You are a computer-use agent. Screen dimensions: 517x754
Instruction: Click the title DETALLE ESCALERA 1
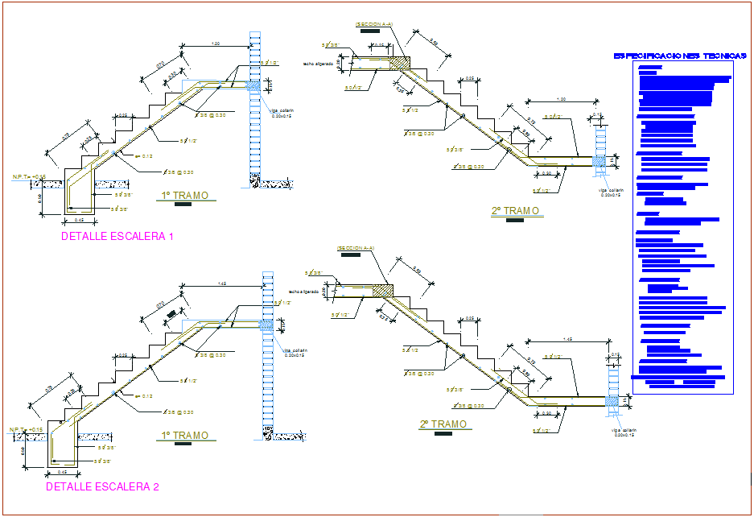tap(117, 237)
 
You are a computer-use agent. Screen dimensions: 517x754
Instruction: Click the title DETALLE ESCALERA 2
tap(102, 486)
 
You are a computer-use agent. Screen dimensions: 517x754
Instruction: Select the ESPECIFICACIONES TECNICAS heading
tap(680, 56)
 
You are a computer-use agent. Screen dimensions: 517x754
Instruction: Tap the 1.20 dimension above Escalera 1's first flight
tap(215, 43)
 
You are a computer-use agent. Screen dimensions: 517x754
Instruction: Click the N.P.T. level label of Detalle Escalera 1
tap(28, 176)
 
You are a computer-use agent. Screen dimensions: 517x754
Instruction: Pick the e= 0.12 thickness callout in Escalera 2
tap(143, 395)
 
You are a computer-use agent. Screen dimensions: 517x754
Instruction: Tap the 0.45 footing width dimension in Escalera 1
tap(79, 219)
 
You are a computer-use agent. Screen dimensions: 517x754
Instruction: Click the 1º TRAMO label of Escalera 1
tap(185, 196)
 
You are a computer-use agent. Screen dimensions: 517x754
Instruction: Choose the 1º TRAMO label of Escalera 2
tap(185, 436)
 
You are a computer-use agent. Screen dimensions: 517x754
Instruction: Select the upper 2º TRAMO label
tap(515, 211)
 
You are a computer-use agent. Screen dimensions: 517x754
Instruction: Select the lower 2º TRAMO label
tap(443, 424)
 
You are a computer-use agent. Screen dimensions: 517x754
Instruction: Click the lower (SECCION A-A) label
tap(354, 248)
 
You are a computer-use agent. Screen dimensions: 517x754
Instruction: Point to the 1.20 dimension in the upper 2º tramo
tap(561, 99)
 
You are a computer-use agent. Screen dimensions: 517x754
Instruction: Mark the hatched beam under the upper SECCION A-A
tap(400, 63)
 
